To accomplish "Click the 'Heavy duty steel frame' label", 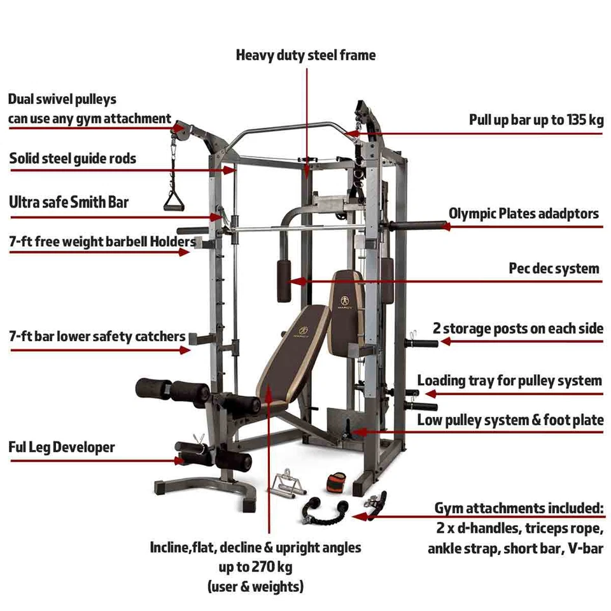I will [x=305, y=55].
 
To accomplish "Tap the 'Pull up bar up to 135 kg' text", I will [x=536, y=120].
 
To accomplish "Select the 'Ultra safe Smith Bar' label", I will [x=69, y=202].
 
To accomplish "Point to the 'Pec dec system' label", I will [x=554, y=269].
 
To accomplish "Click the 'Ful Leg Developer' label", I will [x=62, y=447].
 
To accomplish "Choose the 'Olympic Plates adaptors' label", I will [x=524, y=213].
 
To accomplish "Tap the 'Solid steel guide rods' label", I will [x=73, y=158].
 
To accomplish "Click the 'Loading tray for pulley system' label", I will [x=509, y=381].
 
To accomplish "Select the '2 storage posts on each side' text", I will [x=517, y=328].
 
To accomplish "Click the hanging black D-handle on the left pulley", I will [x=172, y=202].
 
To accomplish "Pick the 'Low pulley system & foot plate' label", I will [x=510, y=420].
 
